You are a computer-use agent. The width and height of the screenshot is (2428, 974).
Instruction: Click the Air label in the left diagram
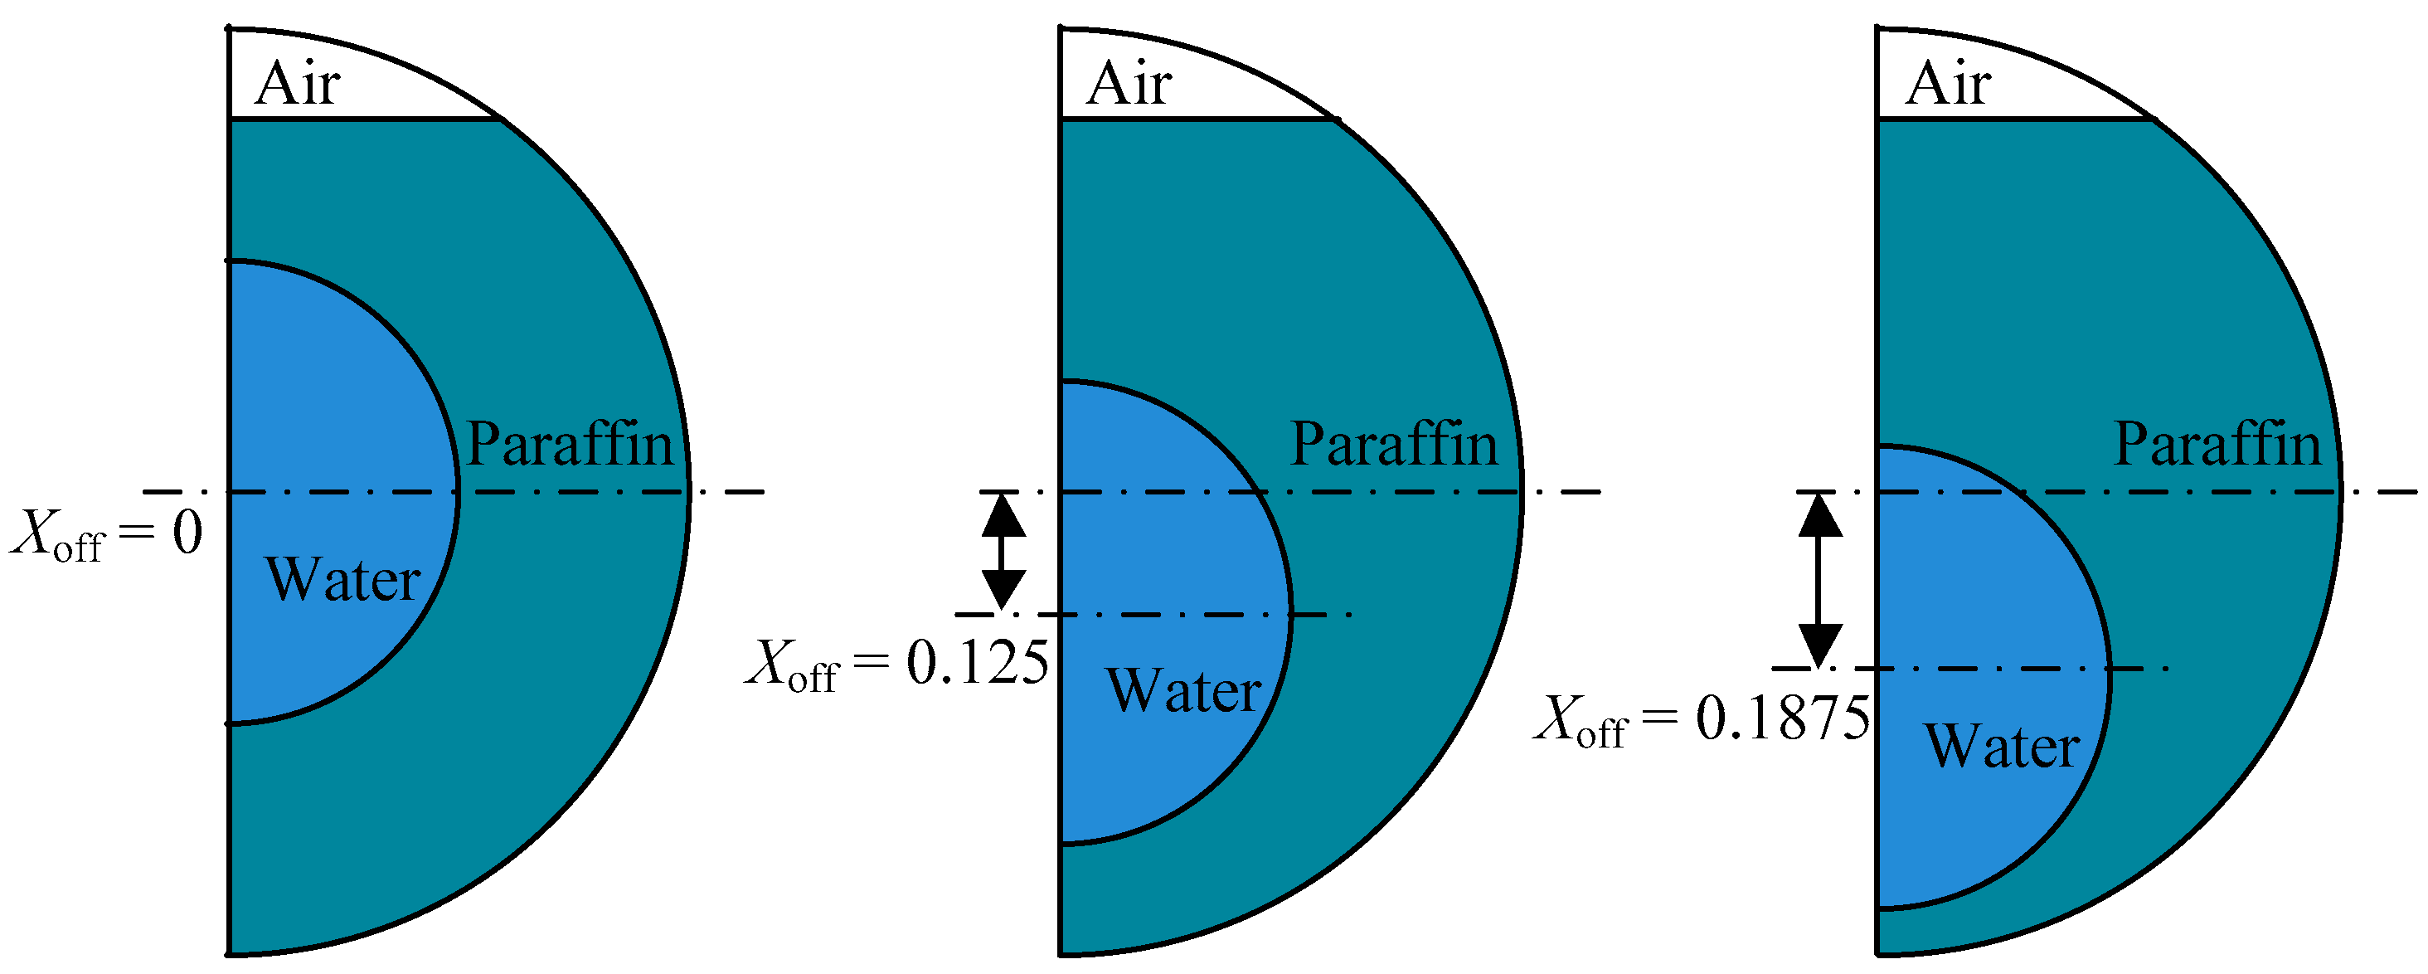297,84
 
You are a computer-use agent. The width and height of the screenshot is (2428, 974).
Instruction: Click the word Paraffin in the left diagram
570,444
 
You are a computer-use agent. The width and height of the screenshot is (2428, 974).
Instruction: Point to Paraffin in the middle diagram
1393,444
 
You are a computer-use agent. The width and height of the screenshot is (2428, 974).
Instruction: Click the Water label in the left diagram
342,579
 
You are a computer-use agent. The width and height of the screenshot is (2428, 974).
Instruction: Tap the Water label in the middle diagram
1184,690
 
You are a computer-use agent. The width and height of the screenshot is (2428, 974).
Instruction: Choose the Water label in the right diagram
2002,746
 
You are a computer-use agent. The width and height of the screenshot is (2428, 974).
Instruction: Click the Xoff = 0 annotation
106,534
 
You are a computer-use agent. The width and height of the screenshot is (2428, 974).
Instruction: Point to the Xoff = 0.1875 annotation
1702,719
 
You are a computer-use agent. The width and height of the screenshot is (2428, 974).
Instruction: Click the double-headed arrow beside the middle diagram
1003,553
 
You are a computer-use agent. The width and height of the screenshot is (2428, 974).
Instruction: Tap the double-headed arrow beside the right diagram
1820,580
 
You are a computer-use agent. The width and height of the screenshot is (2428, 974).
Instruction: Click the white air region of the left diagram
396,95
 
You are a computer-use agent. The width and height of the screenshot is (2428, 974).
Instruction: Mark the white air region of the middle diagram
1226,95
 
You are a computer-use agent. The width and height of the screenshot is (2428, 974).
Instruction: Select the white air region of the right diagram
2046,95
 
